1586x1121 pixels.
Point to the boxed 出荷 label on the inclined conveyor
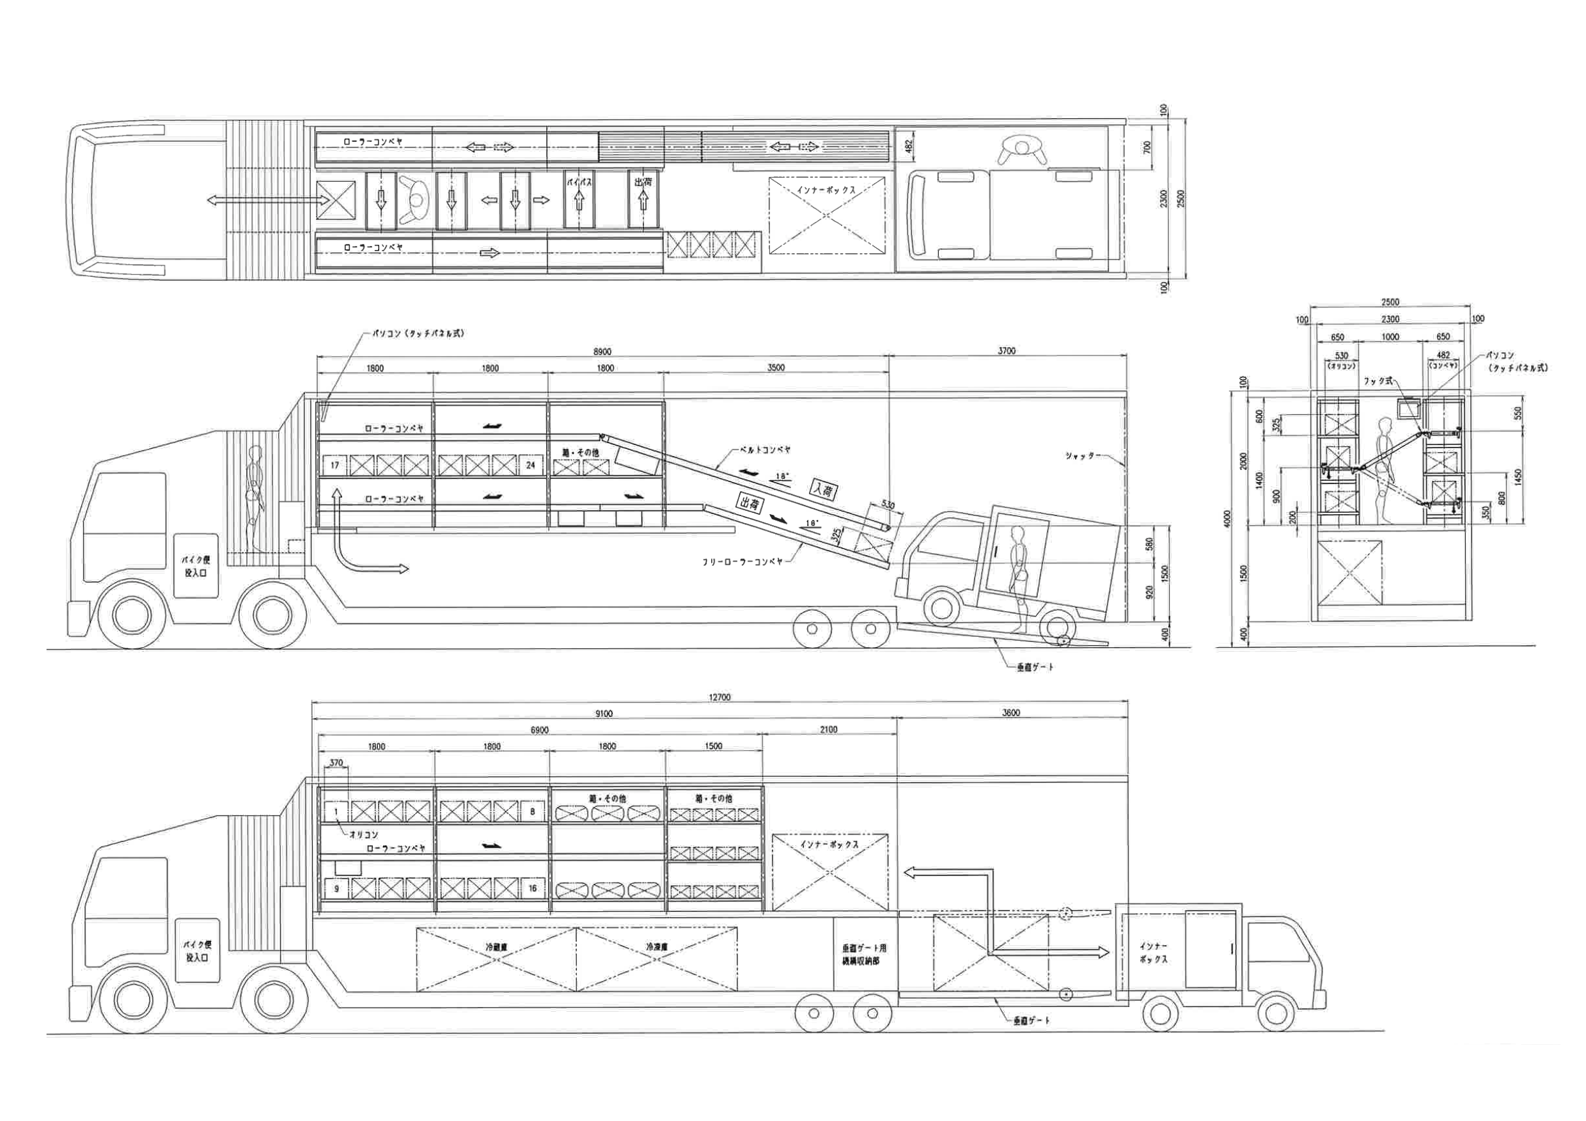point(750,505)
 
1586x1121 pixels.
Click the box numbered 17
point(334,465)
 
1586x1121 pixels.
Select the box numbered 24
point(531,465)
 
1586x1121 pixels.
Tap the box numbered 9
point(336,888)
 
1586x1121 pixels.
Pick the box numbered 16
point(533,888)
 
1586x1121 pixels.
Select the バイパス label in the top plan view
point(579,182)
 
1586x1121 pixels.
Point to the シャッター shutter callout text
point(1080,457)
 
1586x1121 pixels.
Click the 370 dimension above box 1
point(336,764)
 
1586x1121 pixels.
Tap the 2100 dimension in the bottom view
point(829,730)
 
